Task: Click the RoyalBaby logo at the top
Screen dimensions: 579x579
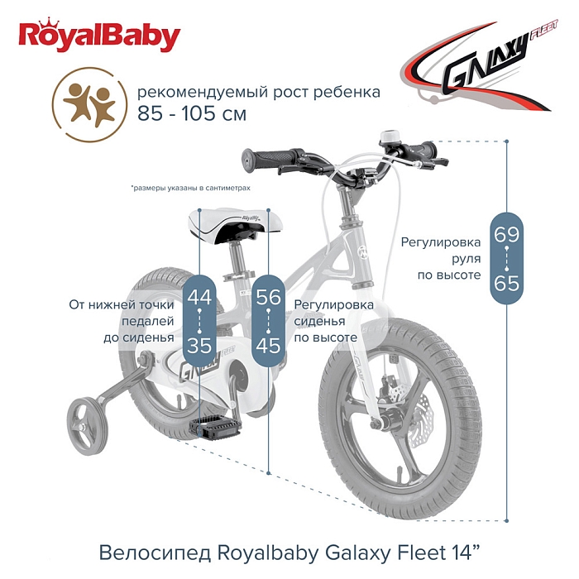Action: [x=99, y=36]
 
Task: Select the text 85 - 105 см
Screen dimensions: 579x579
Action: [x=192, y=114]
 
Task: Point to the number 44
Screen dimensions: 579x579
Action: [x=199, y=296]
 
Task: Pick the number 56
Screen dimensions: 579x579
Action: [x=269, y=296]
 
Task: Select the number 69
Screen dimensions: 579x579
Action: [x=506, y=234]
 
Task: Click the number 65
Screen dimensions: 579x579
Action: [x=506, y=284]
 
